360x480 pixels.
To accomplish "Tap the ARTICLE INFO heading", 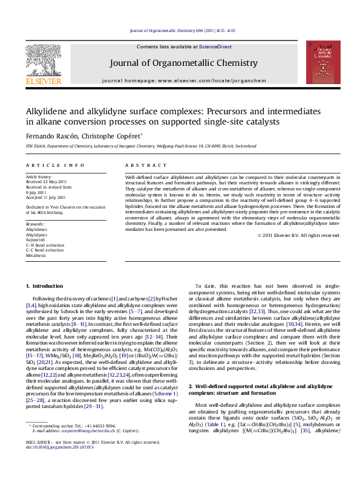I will (47, 165).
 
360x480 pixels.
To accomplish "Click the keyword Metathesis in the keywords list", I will (36, 256).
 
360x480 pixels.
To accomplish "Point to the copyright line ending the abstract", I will (307, 235).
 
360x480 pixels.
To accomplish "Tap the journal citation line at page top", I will (179, 30).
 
